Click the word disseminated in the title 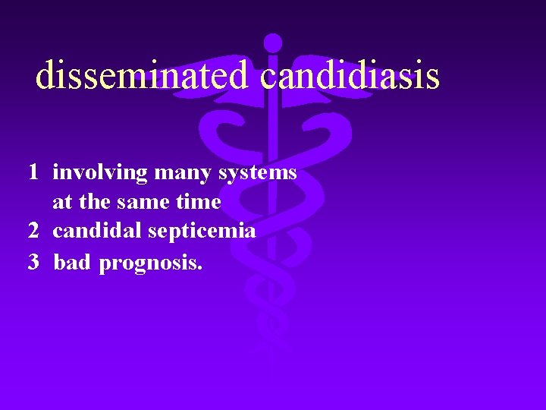click(x=142, y=75)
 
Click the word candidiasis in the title click(x=350, y=75)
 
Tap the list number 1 click(x=33, y=172)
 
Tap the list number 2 click(x=33, y=231)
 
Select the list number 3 click(x=33, y=263)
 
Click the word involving click(x=100, y=173)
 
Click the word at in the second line click(x=61, y=203)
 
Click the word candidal click(x=97, y=231)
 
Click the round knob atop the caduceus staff click(x=273, y=43)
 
